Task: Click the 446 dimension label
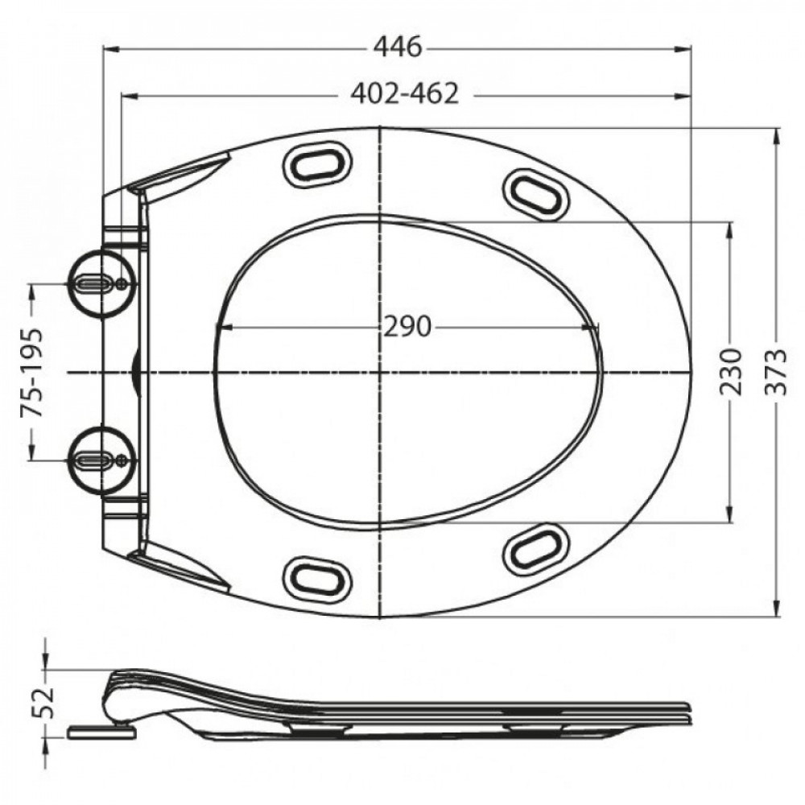pyautogui.click(x=398, y=47)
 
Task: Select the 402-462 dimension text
pyautogui.click(x=405, y=94)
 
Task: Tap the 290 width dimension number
pyautogui.click(x=407, y=327)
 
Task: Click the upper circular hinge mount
pyautogui.click(x=103, y=284)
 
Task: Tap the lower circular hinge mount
pyautogui.click(x=103, y=460)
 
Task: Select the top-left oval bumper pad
pyautogui.click(x=318, y=163)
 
